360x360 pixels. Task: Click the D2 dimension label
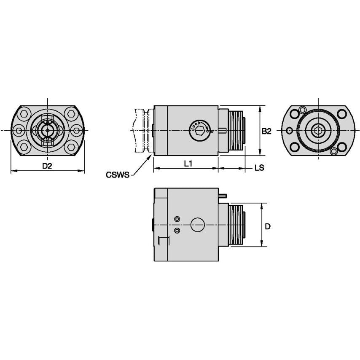47,166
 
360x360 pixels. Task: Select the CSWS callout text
118,175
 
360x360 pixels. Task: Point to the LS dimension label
259,167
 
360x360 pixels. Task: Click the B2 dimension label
266,131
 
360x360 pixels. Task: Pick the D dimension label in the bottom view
267,226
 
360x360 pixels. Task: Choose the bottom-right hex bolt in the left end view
70,147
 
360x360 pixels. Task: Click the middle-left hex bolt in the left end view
19,131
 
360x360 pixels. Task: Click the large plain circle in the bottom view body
198,225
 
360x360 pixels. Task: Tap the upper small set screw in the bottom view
177,219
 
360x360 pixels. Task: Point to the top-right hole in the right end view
341,114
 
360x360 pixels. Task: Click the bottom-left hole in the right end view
295,147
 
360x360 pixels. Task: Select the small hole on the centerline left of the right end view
289,131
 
